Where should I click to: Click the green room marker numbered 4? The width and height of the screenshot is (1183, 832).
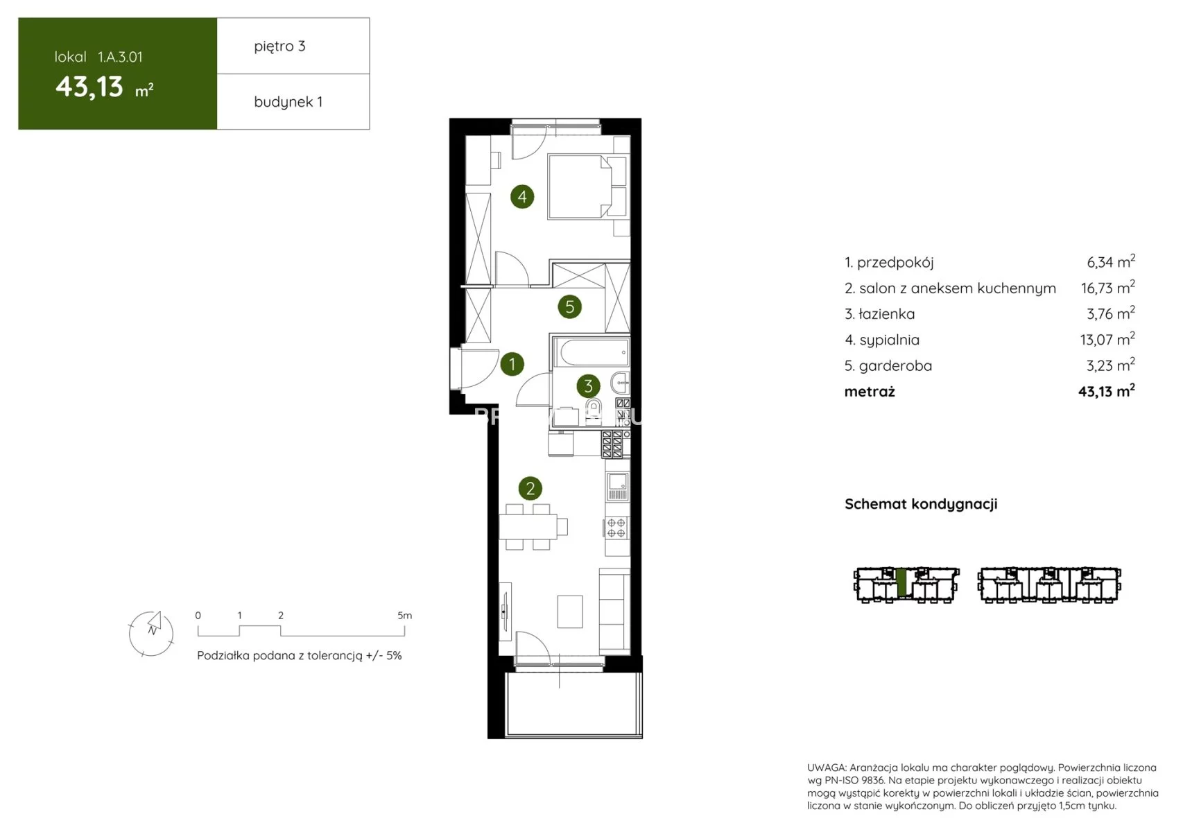pyautogui.click(x=521, y=196)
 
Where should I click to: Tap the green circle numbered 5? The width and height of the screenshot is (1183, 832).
pyautogui.click(x=569, y=306)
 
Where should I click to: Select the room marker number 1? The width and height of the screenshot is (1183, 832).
pyautogui.click(x=512, y=364)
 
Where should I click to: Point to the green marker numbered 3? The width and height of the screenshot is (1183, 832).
pyautogui.click(x=588, y=386)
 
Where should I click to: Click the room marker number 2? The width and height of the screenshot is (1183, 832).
pyautogui.click(x=530, y=488)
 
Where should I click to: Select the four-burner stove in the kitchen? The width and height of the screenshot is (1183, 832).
pyautogui.click(x=616, y=528)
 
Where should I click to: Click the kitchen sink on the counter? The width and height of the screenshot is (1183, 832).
pyautogui.click(x=617, y=486)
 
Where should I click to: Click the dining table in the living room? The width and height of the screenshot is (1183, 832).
pyautogui.click(x=528, y=526)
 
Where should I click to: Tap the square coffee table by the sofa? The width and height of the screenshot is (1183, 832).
pyautogui.click(x=570, y=612)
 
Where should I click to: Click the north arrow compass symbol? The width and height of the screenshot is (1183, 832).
pyautogui.click(x=151, y=633)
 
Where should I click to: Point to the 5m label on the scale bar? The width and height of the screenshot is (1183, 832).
pyautogui.click(x=404, y=615)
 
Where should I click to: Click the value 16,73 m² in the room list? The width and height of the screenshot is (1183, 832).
pyautogui.click(x=1107, y=287)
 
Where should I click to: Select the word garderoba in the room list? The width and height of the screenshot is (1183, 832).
pyautogui.click(x=895, y=366)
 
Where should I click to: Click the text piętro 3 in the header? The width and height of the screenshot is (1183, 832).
pyautogui.click(x=279, y=46)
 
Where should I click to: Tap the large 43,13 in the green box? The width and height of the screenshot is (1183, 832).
pyautogui.click(x=89, y=87)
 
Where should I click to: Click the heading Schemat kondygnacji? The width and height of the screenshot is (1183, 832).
pyautogui.click(x=921, y=504)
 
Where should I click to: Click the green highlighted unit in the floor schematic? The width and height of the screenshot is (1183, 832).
pyautogui.click(x=902, y=583)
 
